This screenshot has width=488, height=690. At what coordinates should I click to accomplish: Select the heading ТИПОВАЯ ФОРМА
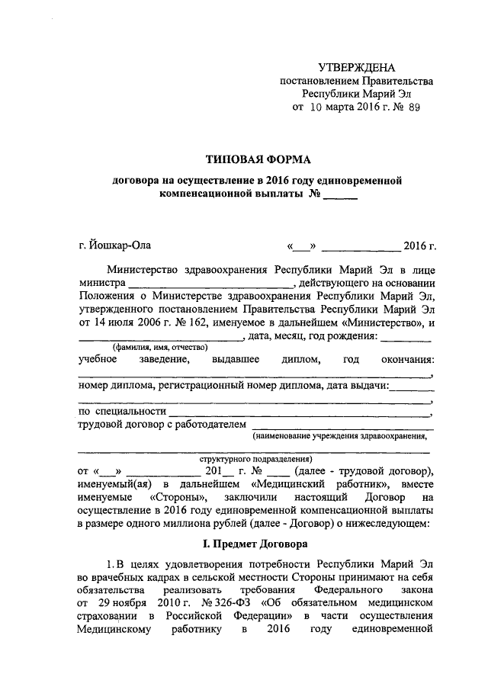tap(259, 159)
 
